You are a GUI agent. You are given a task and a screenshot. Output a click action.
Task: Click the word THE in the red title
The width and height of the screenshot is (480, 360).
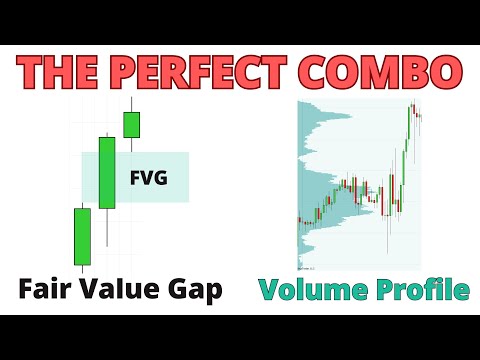[x=61, y=74]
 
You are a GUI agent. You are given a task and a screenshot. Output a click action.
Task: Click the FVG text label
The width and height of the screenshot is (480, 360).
[x=148, y=180]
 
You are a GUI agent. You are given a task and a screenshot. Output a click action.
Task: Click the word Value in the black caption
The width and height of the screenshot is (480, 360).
[x=122, y=290]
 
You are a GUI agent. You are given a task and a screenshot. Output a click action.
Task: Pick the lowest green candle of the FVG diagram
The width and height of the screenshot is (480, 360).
[x=82, y=236]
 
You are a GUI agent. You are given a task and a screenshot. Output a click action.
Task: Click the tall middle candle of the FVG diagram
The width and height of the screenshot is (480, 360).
[x=107, y=173]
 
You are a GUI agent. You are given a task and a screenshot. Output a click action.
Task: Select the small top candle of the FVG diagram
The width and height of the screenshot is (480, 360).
[x=131, y=125]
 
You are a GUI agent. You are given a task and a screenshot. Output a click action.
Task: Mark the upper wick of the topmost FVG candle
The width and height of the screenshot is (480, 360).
[x=131, y=105]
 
